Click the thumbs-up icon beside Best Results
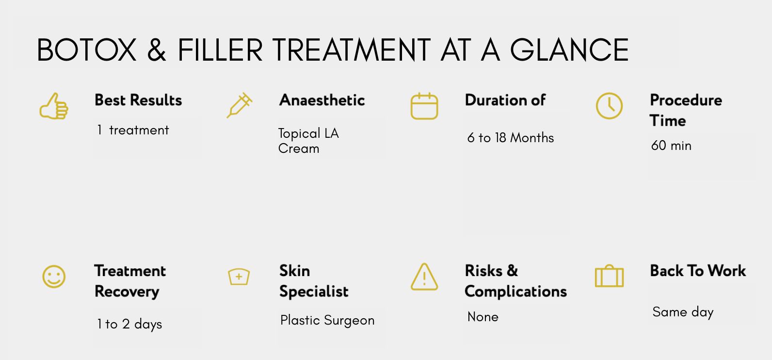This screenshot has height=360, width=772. pyautogui.click(x=54, y=106)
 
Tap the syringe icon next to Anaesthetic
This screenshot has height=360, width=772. pyautogui.click(x=240, y=105)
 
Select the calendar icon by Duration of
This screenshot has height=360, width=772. pyautogui.click(x=424, y=106)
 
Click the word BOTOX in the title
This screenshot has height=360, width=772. pyautogui.click(x=86, y=50)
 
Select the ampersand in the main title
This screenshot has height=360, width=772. pyautogui.click(x=157, y=50)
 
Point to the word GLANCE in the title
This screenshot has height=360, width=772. pyautogui.click(x=569, y=50)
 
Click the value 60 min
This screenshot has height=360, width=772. pyautogui.click(x=671, y=146)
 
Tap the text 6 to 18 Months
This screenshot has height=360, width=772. pyautogui.click(x=511, y=138)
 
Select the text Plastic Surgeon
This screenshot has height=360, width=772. pyautogui.click(x=327, y=320)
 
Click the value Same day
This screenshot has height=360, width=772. pyautogui.click(x=683, y=312)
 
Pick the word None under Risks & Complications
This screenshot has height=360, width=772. pyautogui.click(x=483, y=317)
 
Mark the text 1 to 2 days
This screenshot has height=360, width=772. pyautogui.click(x=129, y=325)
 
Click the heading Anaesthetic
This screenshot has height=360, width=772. pyautogui.click(x=322, y=100)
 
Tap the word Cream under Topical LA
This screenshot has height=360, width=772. pyautogui.click(x=298, y=148)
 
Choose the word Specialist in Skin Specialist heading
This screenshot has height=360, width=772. pyautogui.click(x=314, y=292)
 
